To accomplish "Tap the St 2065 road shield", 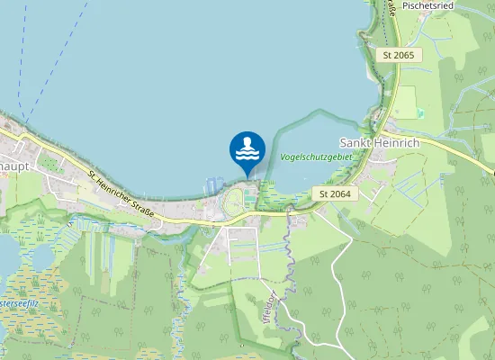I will click(398, 56).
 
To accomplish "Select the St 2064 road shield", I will click(336, 193).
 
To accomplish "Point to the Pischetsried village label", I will click(427, 5).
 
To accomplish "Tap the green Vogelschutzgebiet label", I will click(315, 157).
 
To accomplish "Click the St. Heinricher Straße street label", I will click(122, 190).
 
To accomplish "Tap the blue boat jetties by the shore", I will click(212, 184).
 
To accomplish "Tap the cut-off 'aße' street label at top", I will click(392, 9).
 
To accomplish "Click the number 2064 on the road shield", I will click(340, 193).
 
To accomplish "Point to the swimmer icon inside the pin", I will click(247, 147).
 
